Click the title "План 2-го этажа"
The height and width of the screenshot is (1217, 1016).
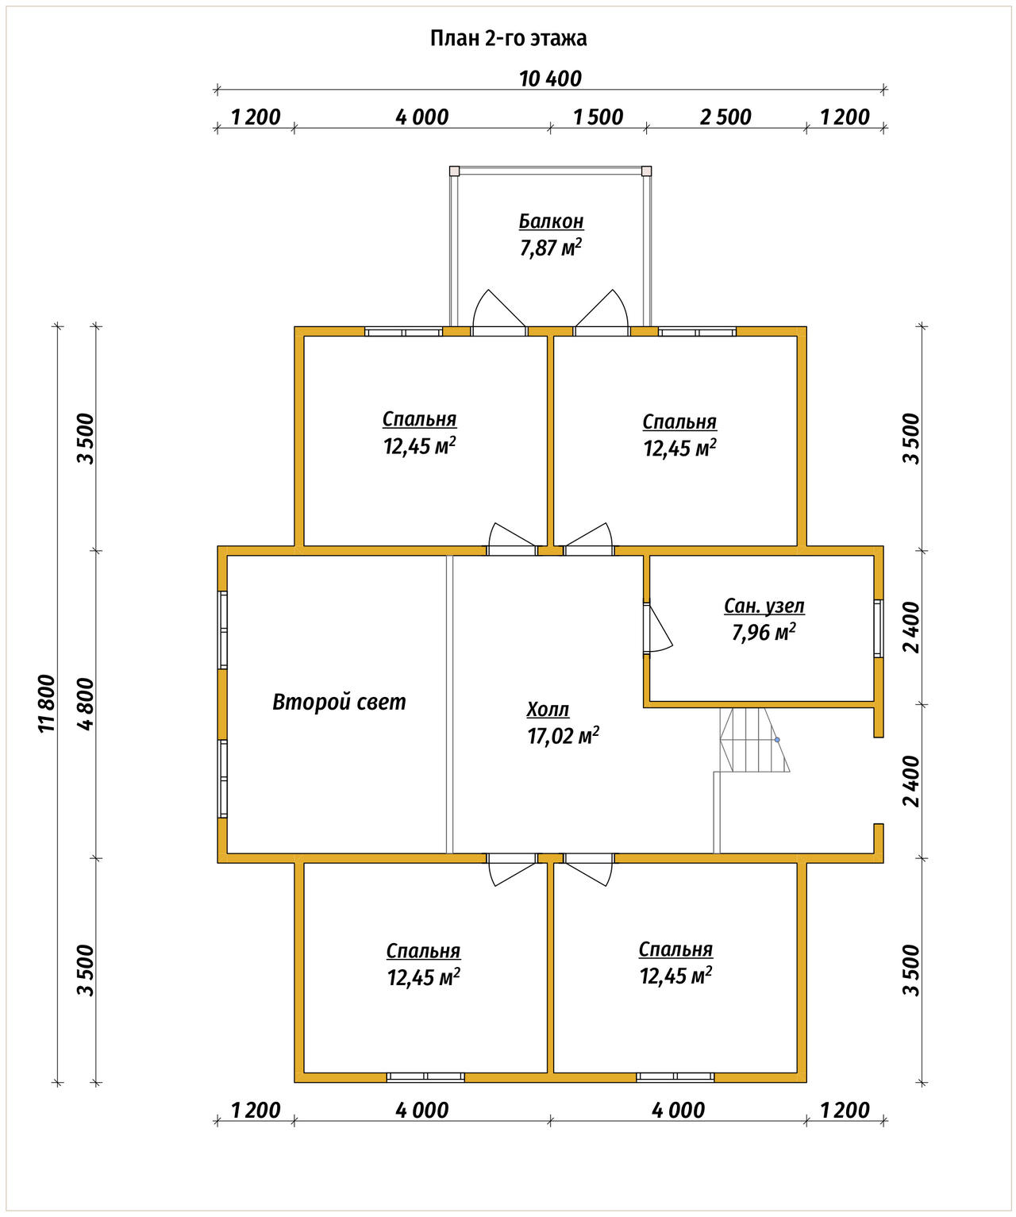tap(508, 38)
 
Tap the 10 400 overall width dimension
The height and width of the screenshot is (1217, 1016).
tap(550, 79)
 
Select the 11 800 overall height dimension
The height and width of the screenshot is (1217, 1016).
tap(47, 703)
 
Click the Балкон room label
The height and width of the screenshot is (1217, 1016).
tap(551, 221)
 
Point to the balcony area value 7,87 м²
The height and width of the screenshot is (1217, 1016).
tap(551, 248)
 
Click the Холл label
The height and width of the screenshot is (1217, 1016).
tap(548, 710)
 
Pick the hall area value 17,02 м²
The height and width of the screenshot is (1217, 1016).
tap(563, 736)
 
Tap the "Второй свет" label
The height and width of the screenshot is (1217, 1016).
tap(339, 702)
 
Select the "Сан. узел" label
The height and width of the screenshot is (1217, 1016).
tap(764, 607)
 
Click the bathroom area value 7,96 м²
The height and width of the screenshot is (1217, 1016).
tap(764, 633)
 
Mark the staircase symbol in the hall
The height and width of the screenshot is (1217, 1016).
tap(752, 758)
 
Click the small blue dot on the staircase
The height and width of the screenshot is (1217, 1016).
tap(777, 740)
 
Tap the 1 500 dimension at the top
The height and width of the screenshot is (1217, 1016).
tap(598, 117)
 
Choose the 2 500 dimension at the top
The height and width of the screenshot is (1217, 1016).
tap(725, 117)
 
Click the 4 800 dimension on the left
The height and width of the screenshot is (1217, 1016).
tap(86, 703)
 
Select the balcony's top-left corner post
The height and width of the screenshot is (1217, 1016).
tap(455, 171)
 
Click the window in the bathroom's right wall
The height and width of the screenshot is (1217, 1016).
tap(879, 628)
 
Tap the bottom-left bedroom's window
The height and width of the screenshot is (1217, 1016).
tap(426, 1077)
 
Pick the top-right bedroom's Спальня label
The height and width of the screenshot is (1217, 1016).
tap(679, 421)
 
